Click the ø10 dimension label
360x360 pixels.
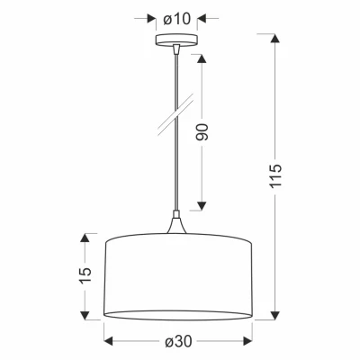[176, 18]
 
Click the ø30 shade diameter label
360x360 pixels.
[176, 341]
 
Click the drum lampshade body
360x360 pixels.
[176, 275]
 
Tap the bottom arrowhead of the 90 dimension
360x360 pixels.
[202, 204]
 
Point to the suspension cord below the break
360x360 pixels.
[175, 171]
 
